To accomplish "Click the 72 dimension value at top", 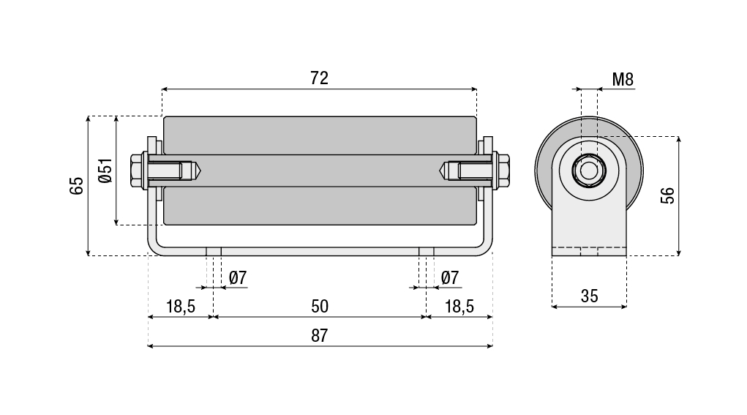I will [319, 78].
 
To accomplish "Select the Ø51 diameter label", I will [105, 171].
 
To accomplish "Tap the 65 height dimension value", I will [77, 185].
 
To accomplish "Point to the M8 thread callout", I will [623, 80].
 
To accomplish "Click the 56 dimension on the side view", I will [667, 195].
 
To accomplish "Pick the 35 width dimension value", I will [589, 296].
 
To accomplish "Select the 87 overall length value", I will [319, 336].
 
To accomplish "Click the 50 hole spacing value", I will [320, 306].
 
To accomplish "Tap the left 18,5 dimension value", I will [180, 306].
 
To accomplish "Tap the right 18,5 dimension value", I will [459, 306].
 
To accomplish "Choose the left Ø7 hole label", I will [238, 278].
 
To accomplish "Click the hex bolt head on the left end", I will [137, 171].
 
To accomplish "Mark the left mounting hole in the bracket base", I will [214, 251].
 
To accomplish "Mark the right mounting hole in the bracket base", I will [427, 251].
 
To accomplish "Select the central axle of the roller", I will [320, 171].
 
